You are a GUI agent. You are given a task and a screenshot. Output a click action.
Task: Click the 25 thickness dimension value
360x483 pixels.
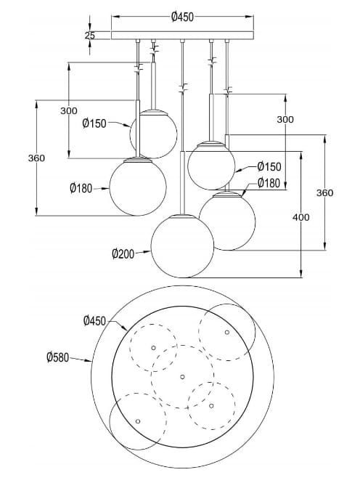[x=89, y=34]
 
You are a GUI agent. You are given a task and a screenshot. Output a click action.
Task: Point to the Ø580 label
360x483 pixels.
[x=57, y=357]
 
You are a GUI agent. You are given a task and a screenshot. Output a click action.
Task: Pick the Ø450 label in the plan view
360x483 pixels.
[x=95, y=320]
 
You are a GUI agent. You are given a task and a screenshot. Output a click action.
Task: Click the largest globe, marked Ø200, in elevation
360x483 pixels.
[x=182, y=245]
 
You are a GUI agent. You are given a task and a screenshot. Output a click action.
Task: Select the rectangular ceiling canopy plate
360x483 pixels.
[x=182, y=34]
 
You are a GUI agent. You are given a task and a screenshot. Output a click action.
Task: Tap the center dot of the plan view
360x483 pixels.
[x=182, y=376]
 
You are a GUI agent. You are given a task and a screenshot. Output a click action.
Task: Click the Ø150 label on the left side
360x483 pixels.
[x=94, y=123]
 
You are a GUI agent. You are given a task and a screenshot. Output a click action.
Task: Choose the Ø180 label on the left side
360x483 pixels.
[x=82, y=187]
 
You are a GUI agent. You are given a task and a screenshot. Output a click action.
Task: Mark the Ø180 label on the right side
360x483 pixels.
[x=269, y=183]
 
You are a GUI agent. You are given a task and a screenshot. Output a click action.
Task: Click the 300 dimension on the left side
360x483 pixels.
[x=69, y=111]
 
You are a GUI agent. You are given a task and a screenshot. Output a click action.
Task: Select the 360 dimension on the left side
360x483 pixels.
[x=37, y=158]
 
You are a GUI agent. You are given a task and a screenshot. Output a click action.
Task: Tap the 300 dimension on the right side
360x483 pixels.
[x=285, y=119]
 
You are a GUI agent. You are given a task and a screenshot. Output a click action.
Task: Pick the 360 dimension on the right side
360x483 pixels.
[x=325, y=192]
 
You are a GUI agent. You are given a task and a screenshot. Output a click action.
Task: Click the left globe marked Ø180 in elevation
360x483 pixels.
[x=137, y=187]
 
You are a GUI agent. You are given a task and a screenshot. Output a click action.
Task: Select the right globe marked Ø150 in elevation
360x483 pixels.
[x=210, y=166]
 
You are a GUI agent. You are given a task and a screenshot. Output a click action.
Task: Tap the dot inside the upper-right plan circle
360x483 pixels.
[x=226, y=332]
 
